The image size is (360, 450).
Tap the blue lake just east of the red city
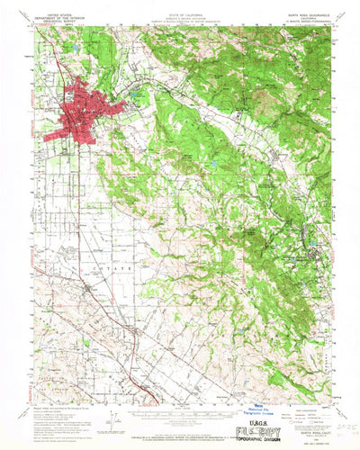[136, 93]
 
